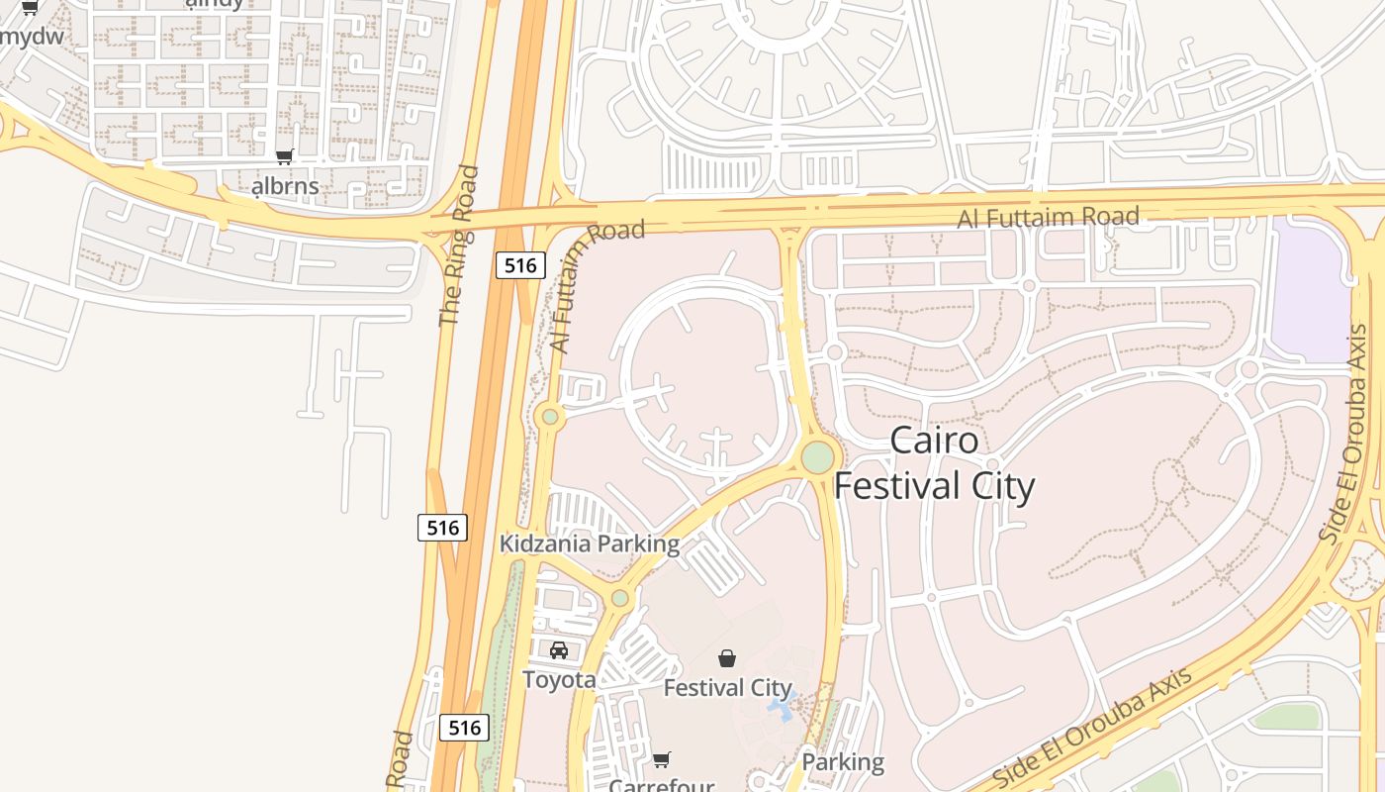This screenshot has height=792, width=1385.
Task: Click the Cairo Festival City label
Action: click(934, 463)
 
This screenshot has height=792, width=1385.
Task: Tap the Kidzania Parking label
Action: click(590, 544)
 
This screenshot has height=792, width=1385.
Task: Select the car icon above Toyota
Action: click(559, 650)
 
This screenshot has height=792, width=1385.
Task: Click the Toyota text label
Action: click(559, 679)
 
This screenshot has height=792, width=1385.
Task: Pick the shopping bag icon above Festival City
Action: click(727, 658)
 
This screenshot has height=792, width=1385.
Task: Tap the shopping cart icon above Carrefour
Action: click(662, 759)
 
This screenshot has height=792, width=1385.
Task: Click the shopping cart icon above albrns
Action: click(285, 156)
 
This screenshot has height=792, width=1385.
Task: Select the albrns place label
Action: click(285, 185)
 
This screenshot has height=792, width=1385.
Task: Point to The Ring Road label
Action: click(458, 246)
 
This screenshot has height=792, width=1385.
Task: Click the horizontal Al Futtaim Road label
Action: click(1048, 217)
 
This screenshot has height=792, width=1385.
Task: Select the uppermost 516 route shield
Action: click(519, 264)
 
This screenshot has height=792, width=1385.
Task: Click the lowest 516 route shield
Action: click(464, 728)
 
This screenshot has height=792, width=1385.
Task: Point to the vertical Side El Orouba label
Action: click(1344, 433)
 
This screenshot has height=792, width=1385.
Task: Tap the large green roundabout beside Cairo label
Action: click(817, 457)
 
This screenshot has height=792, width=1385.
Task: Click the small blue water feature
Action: click(782, 709)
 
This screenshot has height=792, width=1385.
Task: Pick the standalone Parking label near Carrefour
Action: click(843, 762)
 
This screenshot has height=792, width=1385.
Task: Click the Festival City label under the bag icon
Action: click(727, 687)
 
